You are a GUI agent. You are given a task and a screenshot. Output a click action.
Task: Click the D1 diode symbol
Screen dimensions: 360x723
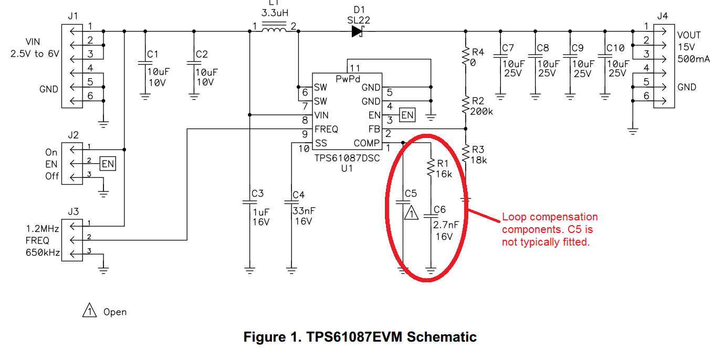tap(358, 31)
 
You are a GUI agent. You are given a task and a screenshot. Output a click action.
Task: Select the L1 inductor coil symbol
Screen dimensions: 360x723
tap(274, 29)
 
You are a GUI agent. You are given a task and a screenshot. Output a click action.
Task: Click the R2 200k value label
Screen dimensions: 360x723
tap(483, 111)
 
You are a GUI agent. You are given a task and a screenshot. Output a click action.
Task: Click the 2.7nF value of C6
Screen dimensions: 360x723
tap(446, 225)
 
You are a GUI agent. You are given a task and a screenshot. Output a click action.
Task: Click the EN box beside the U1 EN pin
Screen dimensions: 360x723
tap(407, 114)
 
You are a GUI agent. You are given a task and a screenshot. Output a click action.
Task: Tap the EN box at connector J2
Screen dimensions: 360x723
tap(108, 164)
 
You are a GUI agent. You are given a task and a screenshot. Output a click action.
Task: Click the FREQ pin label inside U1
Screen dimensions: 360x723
tap(326, 129)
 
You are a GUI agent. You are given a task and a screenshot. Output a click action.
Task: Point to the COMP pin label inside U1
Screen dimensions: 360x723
tap(366, 143)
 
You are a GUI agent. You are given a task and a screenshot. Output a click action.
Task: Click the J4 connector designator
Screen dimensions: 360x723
tap(663, 16)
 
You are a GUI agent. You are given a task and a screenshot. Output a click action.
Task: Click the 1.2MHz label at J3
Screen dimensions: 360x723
tap(42, 229)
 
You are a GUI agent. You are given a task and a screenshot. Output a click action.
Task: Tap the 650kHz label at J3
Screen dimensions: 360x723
tap(43, 252)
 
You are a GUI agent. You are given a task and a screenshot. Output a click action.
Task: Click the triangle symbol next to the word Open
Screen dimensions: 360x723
tap(90, 311)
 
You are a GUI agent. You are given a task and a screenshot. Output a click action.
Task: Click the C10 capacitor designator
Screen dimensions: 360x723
tap(615, 48)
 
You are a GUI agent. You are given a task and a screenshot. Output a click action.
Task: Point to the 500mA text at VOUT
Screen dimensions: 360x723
tap(694, 59)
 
